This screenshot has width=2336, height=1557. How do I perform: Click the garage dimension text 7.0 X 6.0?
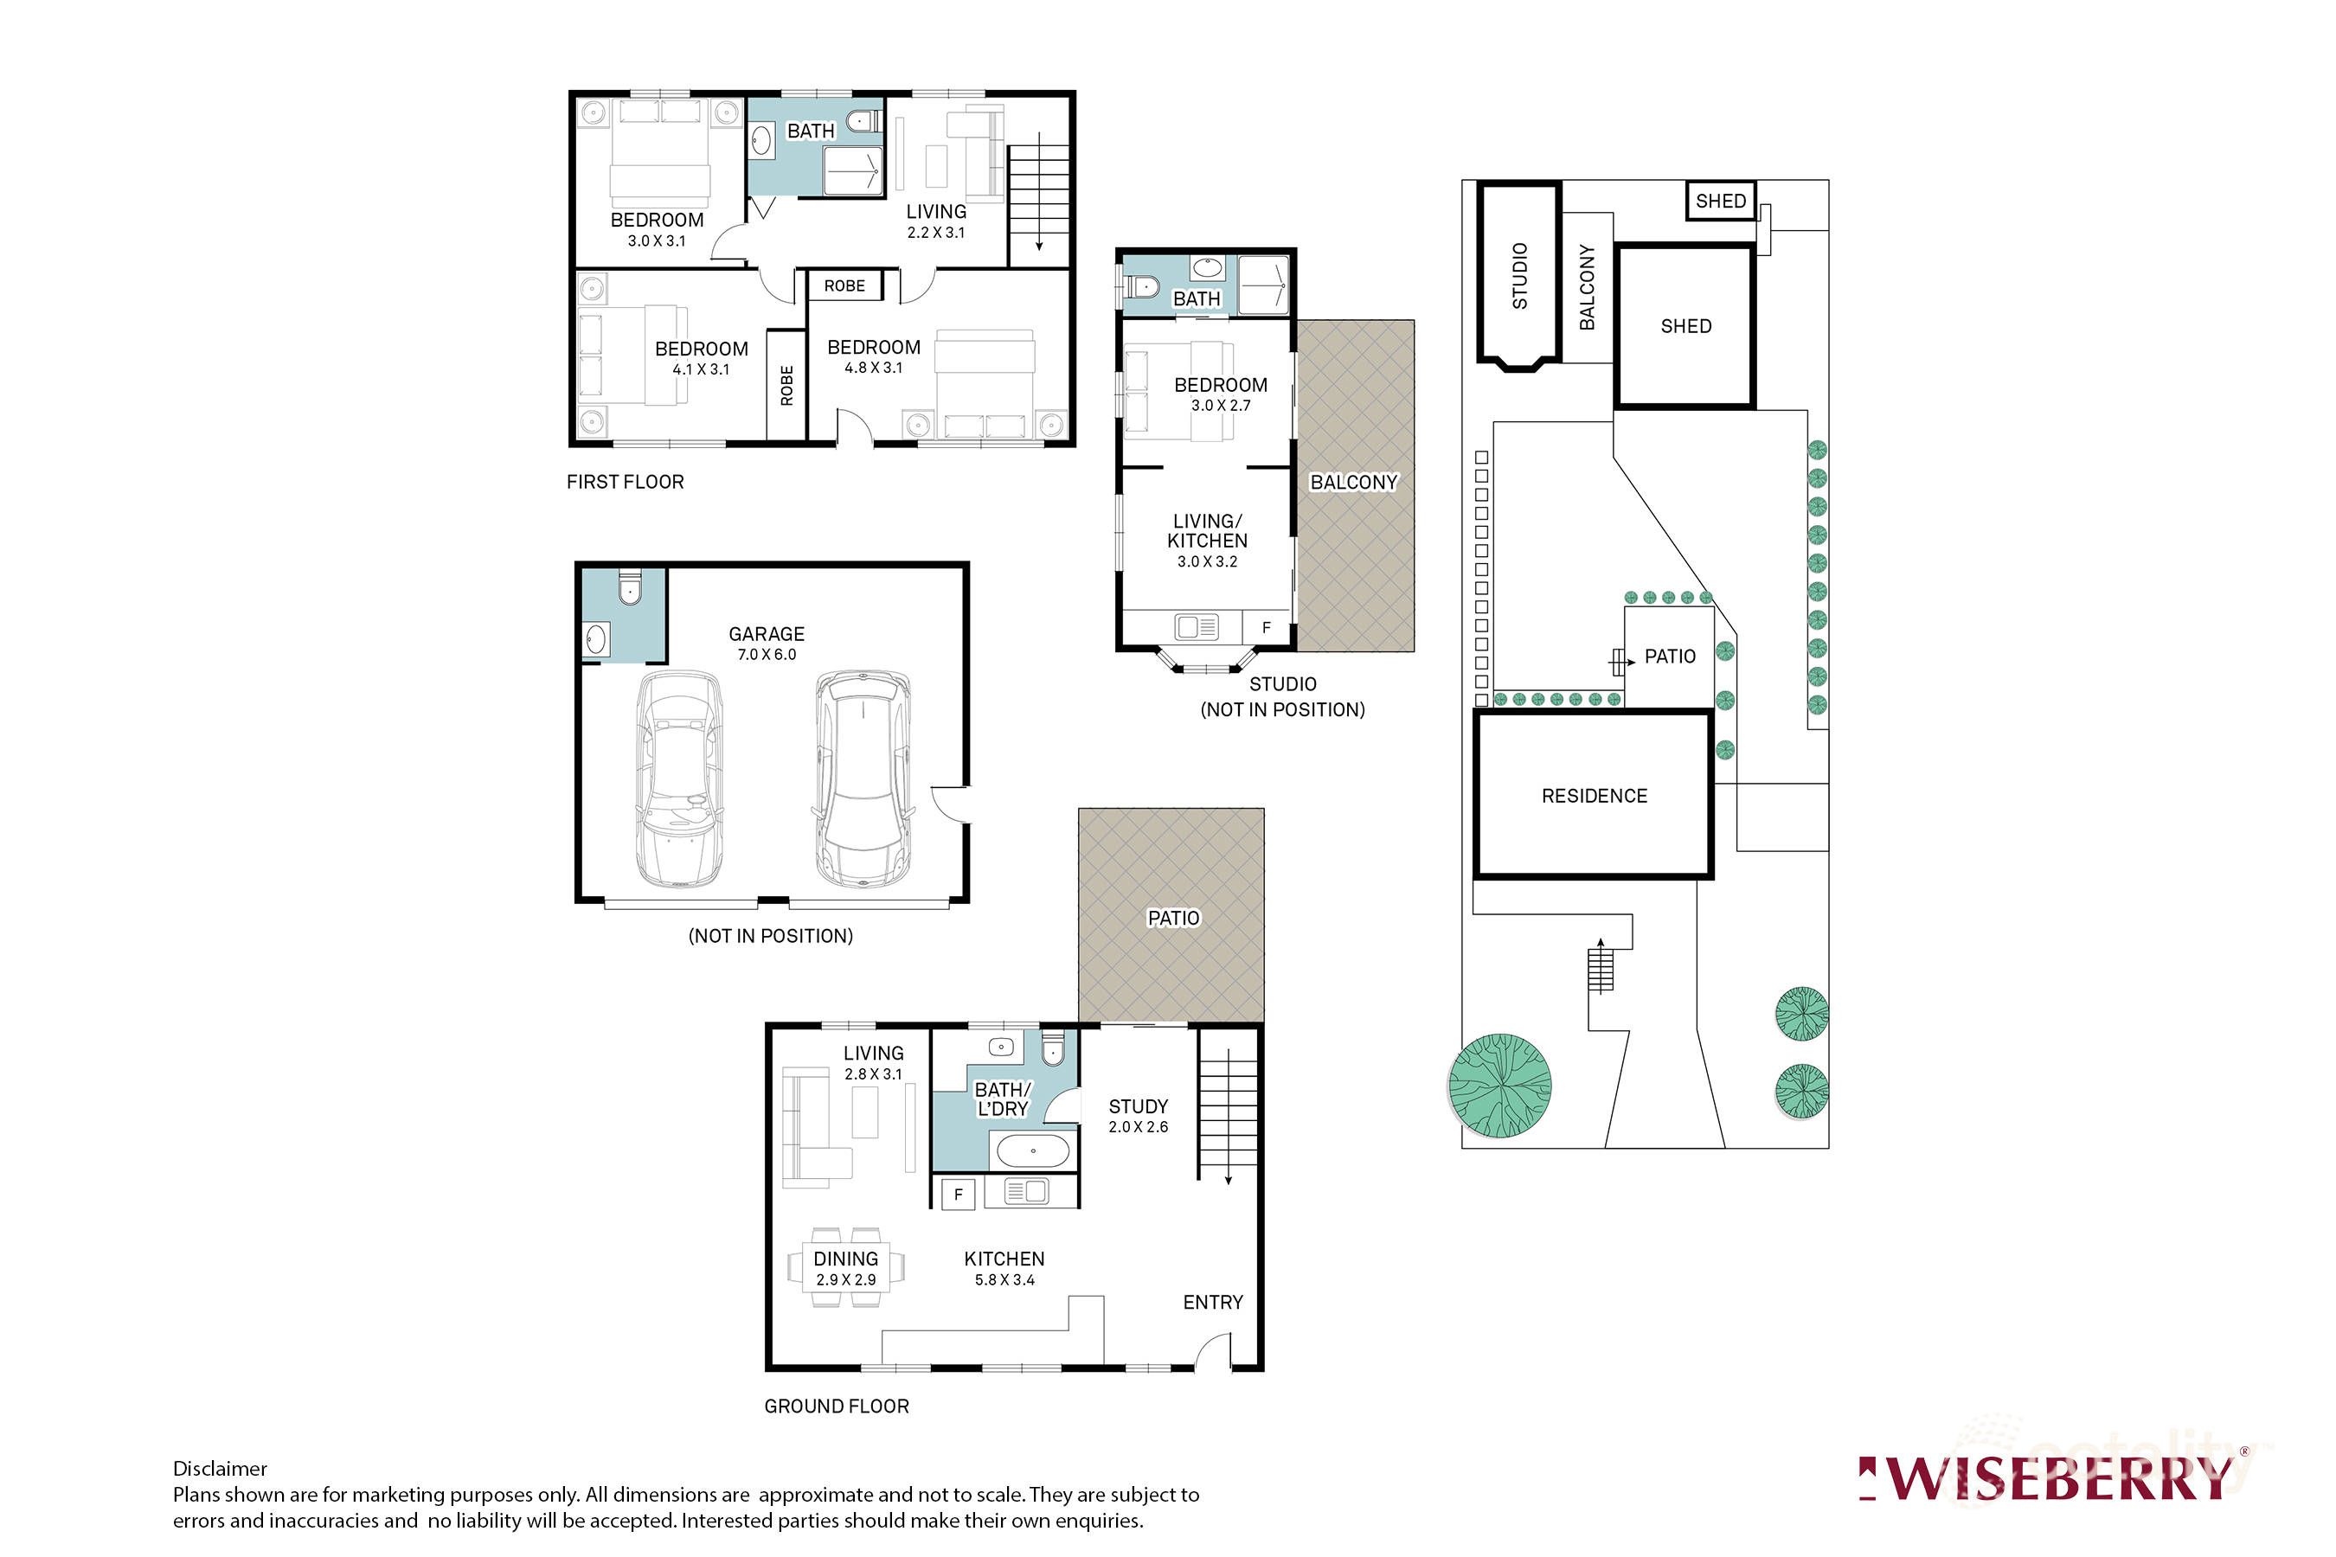coord(766,655)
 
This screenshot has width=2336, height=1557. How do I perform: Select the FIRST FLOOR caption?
coord(625,483)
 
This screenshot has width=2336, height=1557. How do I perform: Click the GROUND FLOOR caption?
coord(837,1406)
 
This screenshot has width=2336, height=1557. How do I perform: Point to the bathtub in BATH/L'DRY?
coord(1033,1152)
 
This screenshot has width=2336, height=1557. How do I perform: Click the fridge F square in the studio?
coord(1267,628)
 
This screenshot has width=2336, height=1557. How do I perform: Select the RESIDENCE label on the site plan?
coord(1593,797)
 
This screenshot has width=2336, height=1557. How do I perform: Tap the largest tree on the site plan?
coord(1499,1086)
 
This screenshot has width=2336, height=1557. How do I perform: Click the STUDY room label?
coord(1139,1106)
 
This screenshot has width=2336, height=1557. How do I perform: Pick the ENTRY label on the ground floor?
coord(1213,1303)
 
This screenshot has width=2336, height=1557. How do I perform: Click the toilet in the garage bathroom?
coord(630,590)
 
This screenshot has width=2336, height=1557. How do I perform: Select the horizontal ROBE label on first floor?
coord(844,286)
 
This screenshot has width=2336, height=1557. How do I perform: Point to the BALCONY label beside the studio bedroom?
coord(1353,483)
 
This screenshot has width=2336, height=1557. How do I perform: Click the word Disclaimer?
coord(220,1469)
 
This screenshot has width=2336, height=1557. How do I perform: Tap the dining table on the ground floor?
coord(846,1269)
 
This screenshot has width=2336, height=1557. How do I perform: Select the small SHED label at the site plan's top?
coord(1720,202)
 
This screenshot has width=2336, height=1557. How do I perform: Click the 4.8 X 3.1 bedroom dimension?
coord(873,368)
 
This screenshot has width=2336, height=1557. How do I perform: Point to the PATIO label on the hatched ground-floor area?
coord(1173,919)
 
